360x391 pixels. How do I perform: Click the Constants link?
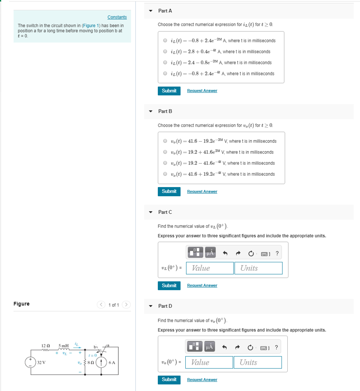[x=117, y=17]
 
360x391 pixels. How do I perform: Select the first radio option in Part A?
[x=165, y=40]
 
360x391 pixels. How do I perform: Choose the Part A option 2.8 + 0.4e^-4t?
[x=165, y=52]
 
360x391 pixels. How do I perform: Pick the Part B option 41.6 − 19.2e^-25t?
[x=165, y=141]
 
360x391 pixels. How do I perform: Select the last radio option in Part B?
[x=165, y=174]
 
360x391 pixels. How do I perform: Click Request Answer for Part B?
[x=202, y=191]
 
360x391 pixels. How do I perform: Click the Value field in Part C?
[x=210, y=268]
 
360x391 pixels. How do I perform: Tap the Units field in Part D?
[x=258, y=362]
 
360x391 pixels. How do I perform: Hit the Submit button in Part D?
[x=169, y=380]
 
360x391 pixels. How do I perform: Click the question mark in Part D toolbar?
[x=276, y=347]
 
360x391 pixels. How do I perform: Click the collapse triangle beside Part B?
[x=151, y=111]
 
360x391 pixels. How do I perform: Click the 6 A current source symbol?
[x=101, y=362]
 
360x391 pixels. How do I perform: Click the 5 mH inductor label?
[x=63, y=346]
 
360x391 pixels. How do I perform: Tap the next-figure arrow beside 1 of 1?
[x=126, y=305]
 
